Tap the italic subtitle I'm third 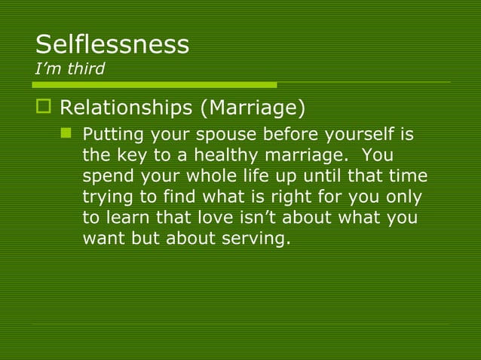pos(70,69)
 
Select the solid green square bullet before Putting pos(66,135)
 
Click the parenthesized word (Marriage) pos(253,108)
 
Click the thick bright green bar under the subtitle pos(154,84)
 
